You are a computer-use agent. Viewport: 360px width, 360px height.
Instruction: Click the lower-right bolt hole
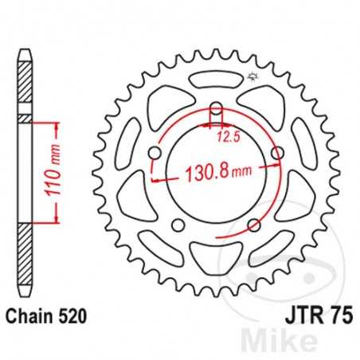(x=253, y=224)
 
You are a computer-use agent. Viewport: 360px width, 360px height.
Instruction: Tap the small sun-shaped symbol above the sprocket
(x=254, y=77)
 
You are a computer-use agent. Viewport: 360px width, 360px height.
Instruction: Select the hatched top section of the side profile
(x=27, y=84)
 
